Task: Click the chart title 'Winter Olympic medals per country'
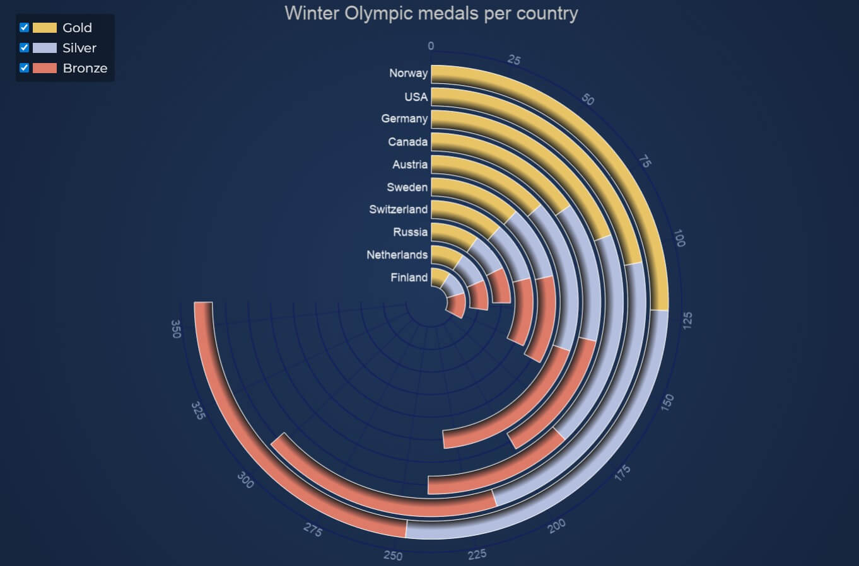pyautogui.click(x=431, y=13)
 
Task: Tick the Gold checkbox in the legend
pyautogui.click(x=25, y=28)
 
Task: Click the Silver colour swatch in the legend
pyautogui.click(x=45, y=48)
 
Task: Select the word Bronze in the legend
pyautogui.click(x=85, y=68)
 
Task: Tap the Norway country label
pyautogui.click(x=408, y=73)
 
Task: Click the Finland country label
pyautogui.click(x=409, y=277)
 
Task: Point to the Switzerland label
pyautogui.click(x=398, y=209)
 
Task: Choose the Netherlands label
pyautogui.click(x=397, y=255)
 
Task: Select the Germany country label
pyautogui.click(x=404, y=118)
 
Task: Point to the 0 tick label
pyautogui.click(x=431, y=46)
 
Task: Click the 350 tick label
pyautogui.click(x=176, y=329)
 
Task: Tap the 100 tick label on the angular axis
pyautogui.click(x=679, y=238)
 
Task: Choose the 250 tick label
pyautogui.click(x=393, y=555)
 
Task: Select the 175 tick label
pyautogui.click(x=622, y=473)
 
